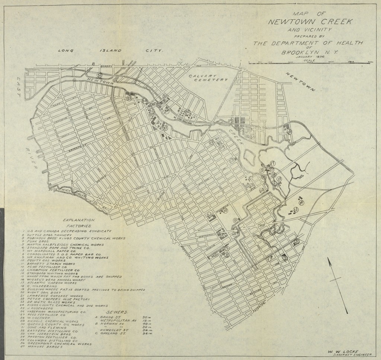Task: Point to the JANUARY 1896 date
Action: pos(309,57)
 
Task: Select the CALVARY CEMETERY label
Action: pos(207,77)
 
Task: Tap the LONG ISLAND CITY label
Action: pos(110,50)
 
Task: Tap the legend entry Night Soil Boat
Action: pos(39,293)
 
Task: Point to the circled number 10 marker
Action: pos(225,210)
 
